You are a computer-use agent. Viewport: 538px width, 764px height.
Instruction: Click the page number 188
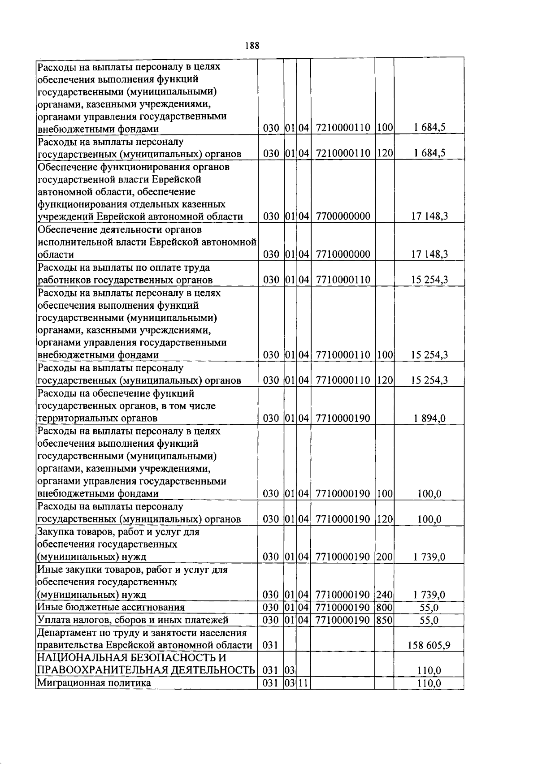point(252,46)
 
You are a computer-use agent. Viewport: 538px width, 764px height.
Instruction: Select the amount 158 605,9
point(429,645)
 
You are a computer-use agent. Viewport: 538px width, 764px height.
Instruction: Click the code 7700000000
point(343,216)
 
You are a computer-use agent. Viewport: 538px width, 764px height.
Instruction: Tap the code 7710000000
point(343,255)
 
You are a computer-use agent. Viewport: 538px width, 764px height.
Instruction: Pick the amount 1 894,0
point(429,419)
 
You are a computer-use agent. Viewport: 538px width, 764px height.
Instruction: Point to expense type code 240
point(384,595)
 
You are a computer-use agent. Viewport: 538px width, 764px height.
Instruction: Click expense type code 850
point(384,620)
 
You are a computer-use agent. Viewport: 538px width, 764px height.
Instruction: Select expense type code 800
point(384,608)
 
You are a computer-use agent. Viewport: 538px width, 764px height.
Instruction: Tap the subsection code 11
point(303,683)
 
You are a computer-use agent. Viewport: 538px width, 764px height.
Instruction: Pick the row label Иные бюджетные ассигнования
point(111,608)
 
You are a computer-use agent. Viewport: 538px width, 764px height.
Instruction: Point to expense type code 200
point(384,557)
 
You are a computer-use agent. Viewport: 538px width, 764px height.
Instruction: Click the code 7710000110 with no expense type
point(343,280)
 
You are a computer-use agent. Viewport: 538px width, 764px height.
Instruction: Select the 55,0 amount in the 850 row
point(429,620)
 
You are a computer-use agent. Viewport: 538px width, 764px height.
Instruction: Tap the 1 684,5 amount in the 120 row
point(429,153)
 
